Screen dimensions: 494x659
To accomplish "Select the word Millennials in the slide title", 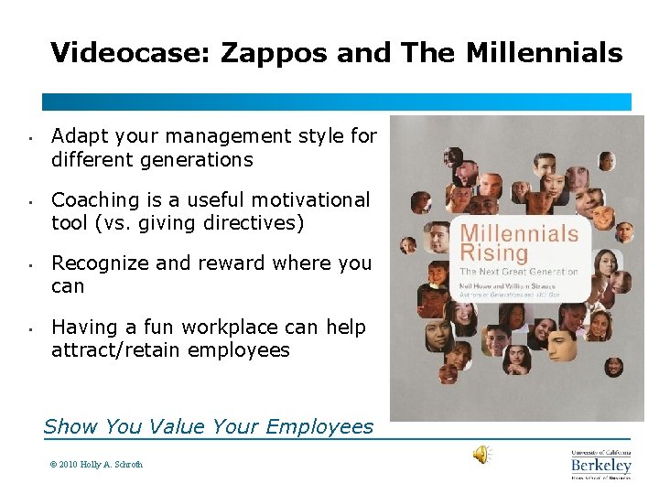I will pyautogui.click(x=545, y=52).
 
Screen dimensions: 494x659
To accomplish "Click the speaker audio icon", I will pyautogui.click(x=481, y=455).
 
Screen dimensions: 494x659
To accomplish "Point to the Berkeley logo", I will pyautogui.click(x=600, y=465).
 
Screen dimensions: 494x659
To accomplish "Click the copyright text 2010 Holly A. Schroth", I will pyautogui.click(x=96, y=465).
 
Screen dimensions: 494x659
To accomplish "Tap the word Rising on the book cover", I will pyautogui.click(x=493, y=252).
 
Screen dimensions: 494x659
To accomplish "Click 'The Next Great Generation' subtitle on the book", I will pyautogui.click(x=518, y=272).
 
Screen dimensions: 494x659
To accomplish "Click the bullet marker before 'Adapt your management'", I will pyautogui.click(x=30, y=140).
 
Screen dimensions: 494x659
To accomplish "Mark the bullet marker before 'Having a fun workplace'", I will pyautogui.click(x=30, y=330).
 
